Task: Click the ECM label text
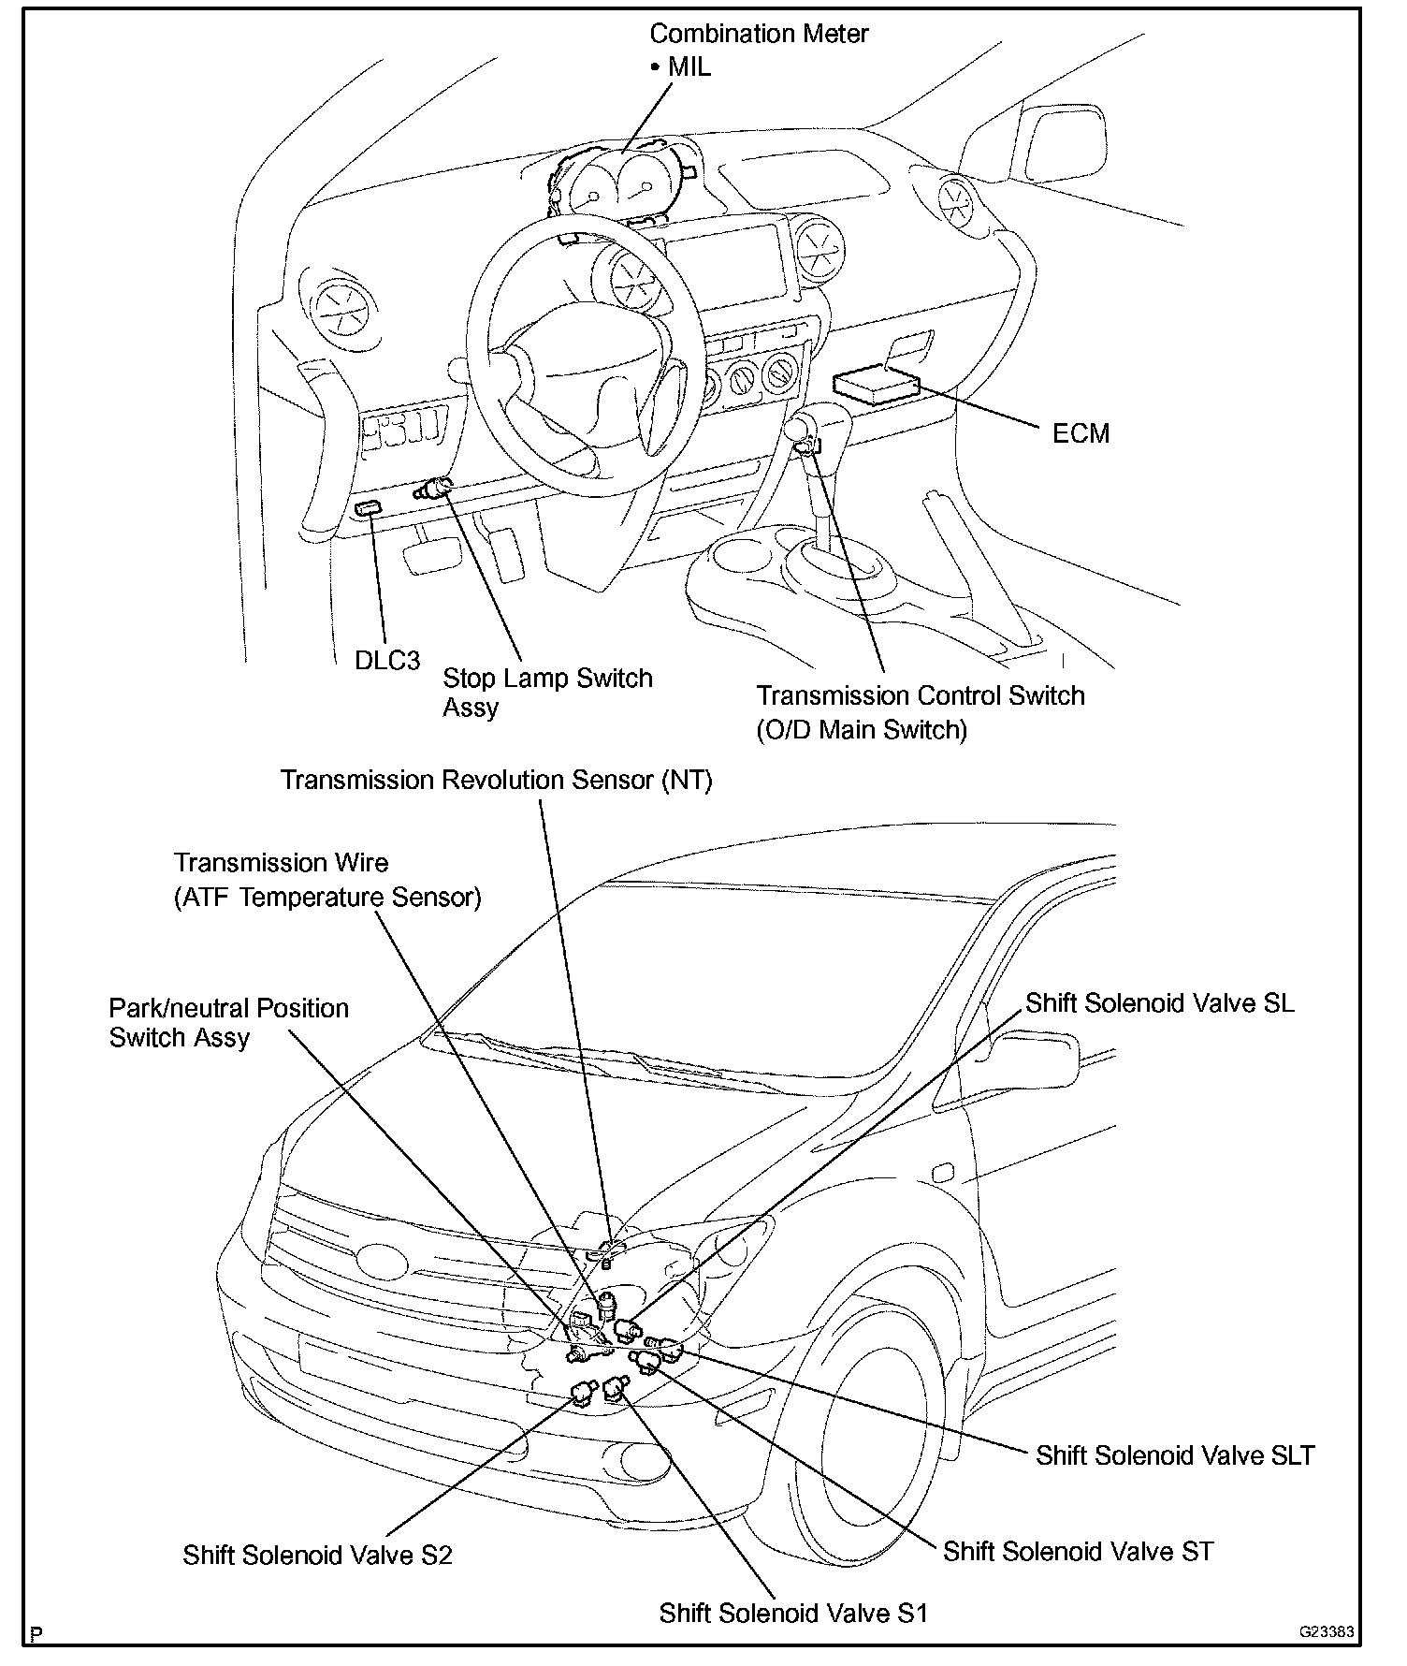tap(1081, 433)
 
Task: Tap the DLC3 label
tap(387, 660)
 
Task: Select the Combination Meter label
tap(759, 35)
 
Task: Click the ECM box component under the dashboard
tap(876, 384)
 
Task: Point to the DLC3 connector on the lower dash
tap(368, 508)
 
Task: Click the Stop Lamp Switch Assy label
tap(546, 692)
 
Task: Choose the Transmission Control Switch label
tap(920, 696)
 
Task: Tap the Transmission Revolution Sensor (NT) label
tap(497, 781)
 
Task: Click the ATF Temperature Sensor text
tap(327, 898)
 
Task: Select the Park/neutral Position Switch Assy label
tap(228, 1023)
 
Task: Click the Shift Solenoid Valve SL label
tap(1160, 1003)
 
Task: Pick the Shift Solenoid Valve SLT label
tap(1175, 1455)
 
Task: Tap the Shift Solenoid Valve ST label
tap(1078, 1552)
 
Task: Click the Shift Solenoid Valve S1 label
tap(792, 1614)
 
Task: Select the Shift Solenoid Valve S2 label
tap(317, 1556)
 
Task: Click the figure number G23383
tap(1326, 1631)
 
